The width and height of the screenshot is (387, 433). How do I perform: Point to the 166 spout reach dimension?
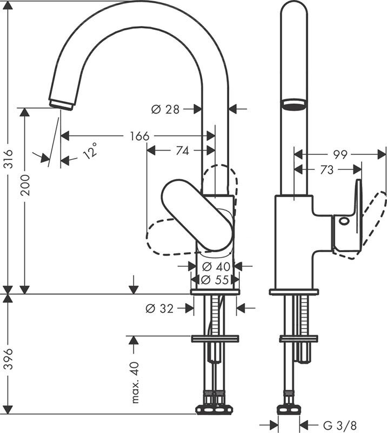(x=139, y=136)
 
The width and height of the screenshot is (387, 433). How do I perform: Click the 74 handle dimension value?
(x=182, y=151)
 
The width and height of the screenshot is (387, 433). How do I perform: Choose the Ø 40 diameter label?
(x=215, y=266)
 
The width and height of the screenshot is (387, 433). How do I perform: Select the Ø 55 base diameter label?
(x=215, y=280)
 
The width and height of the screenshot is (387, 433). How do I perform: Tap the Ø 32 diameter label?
(x=160, y=309)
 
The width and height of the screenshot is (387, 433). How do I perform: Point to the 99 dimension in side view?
(x=340, y=155)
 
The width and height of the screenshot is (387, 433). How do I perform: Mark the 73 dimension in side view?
(x=326, y=170)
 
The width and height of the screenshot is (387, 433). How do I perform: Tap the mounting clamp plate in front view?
(x=215, y=339)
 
